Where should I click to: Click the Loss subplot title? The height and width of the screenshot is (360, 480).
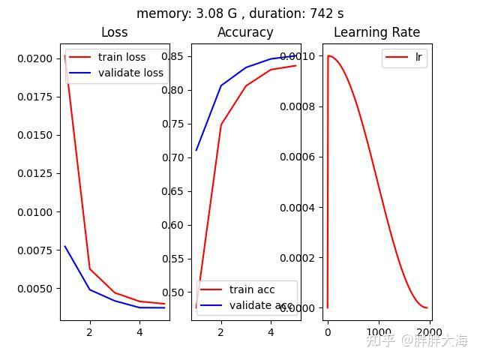[114, 32]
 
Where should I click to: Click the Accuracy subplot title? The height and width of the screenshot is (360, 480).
[245, 32]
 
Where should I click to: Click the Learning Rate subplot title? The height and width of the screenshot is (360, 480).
[376, 32]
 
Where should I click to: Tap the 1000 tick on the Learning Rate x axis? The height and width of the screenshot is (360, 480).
[379, 332]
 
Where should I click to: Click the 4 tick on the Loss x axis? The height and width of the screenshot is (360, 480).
[139, 332]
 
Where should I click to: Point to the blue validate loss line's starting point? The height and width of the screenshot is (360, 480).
[65, 246]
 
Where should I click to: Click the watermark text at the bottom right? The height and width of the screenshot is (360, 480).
[416, 340]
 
